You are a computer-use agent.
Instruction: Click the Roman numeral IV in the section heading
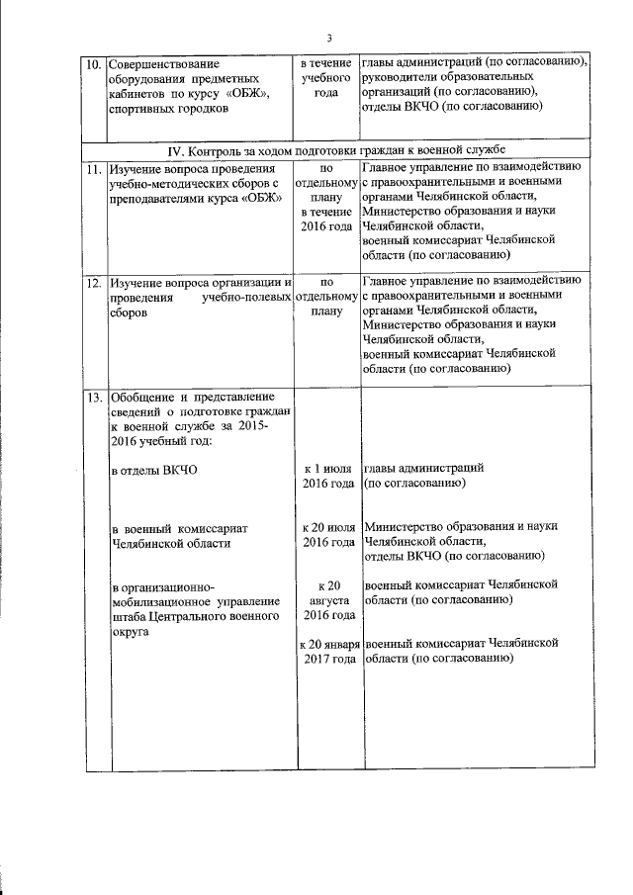[x=178, y=150]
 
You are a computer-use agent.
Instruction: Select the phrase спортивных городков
[x=167, y=109]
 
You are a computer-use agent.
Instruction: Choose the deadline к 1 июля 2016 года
[x=327, y=477]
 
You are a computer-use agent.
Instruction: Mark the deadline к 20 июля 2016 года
[x=327, y=535]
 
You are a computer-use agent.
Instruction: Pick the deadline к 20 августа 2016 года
[x=327, y=600]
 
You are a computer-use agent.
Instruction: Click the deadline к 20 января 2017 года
[x=327, y=652]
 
